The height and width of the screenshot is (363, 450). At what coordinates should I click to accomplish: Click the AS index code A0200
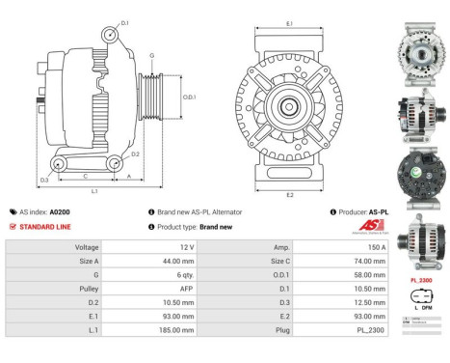[59, 211]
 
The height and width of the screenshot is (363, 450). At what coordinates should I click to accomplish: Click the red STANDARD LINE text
[45, 226]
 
